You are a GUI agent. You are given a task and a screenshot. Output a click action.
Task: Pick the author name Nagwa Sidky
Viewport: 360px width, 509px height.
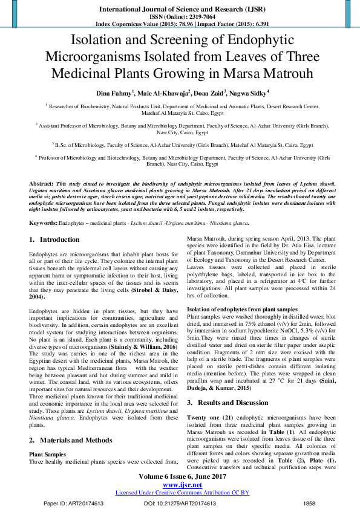249,94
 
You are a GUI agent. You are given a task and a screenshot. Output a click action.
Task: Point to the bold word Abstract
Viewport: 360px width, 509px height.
41,183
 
